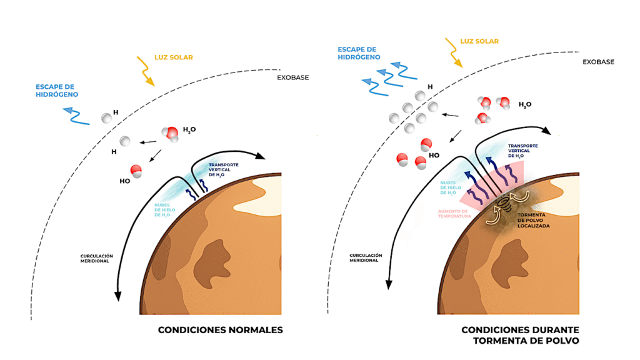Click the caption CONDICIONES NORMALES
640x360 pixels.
tap(221, 330)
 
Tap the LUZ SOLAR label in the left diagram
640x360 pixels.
tap(174, 57)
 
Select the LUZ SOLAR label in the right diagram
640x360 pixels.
tap(479, 41)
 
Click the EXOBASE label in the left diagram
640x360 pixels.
tap(292, 77)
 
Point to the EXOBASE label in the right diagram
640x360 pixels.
tap(598, 62)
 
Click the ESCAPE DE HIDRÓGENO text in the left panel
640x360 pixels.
tap(57, 91)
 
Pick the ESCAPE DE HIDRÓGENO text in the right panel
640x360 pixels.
tap(359, 53)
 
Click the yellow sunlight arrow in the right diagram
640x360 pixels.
tap(454, 52)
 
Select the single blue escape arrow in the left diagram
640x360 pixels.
tap(76, 116)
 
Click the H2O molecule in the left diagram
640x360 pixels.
tap(171, 134)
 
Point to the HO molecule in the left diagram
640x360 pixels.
tap(136, 171)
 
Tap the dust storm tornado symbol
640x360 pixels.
tap(505, 203)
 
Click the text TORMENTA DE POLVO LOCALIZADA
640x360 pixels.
tap(534, 221)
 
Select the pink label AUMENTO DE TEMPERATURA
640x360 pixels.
tap(454, 214)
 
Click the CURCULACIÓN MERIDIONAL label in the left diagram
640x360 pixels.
tap(96, 258)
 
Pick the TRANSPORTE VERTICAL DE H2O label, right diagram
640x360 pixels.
tap(523, 151)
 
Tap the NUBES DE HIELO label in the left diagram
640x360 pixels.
tap(164, 210)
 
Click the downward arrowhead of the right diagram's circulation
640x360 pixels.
tap(389, 284)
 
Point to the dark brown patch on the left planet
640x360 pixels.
tap(211, 263)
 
